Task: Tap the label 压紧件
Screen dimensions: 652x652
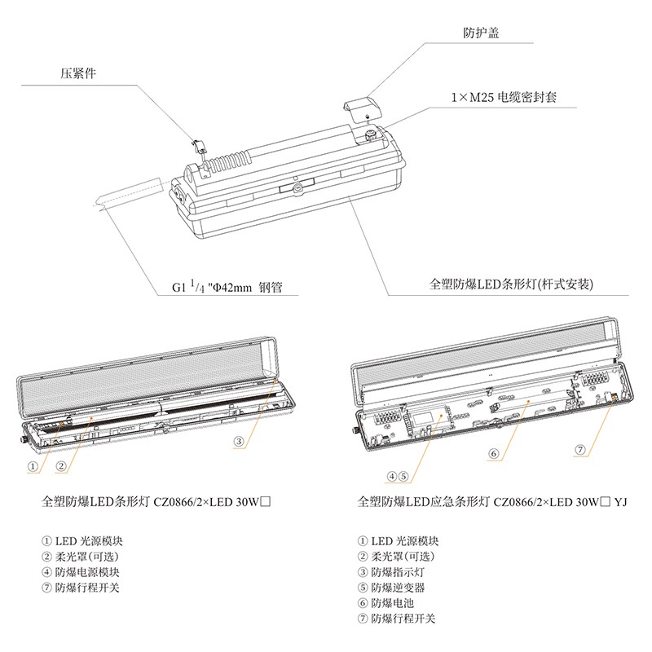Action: click(x=78, y=71)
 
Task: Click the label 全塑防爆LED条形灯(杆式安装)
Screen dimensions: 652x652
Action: click(x=510, y=285)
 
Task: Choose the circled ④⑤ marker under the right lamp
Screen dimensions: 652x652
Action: click(x=398, y=477)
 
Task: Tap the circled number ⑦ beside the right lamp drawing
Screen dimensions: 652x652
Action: click(x=579, y=449)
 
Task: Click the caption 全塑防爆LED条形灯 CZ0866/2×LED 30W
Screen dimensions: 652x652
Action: click(x=155, y=503)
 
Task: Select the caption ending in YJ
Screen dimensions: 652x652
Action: click(x=492, y=503)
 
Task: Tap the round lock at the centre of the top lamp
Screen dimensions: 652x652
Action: click(x=298, y=187)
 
